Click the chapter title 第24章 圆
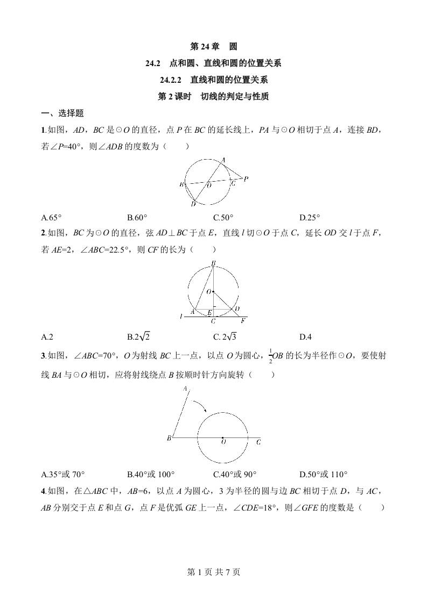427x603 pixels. click(213, 47)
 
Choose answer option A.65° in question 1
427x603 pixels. click(52, 218)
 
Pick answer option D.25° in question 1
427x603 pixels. click(310, 218)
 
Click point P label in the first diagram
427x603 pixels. click(246, 179)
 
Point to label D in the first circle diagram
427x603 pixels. click(193, 204)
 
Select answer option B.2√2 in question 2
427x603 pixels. click(138, 337)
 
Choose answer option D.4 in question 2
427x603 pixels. click(305, 337)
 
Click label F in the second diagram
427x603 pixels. click(243, 321)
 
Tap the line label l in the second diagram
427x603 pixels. click(181, 317)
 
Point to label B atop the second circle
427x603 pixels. click(213, 263)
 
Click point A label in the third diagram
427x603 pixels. click(185, 388)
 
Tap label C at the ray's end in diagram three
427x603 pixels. click(258, 442)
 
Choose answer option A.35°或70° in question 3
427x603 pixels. click(63, 474)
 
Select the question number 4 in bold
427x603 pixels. click(43, 491)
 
